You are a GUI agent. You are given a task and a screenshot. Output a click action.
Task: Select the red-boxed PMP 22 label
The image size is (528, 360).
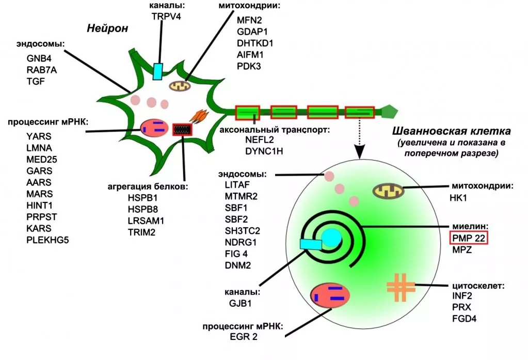(x=469, y=238)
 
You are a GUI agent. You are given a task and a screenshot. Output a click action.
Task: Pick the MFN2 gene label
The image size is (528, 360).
(x=249, y=21)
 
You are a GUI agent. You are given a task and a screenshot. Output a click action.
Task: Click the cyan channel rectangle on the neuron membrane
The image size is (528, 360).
(x=158, y=71)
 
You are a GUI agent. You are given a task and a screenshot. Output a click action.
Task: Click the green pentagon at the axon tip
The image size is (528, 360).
(x=389, y=111)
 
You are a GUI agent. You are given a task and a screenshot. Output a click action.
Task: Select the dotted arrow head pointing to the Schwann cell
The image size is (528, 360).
(x=360, y=151)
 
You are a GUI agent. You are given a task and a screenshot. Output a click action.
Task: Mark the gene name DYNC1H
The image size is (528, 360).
(x=263, y=151)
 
